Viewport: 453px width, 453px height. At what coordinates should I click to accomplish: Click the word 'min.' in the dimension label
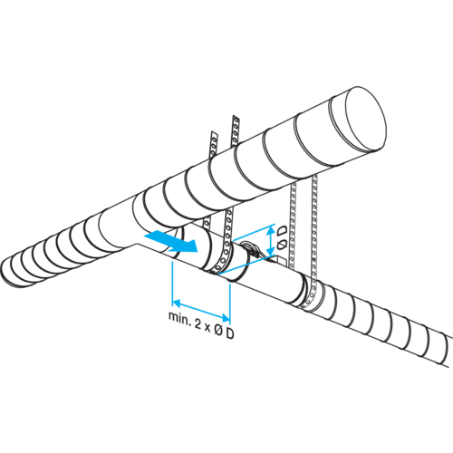coord(179,317)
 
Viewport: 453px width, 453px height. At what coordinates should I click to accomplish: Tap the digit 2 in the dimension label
coord(198,324)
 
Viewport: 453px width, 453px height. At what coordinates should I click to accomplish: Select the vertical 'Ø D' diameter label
coord(281,238)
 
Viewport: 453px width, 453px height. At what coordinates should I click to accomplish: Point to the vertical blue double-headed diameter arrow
coord(271,241)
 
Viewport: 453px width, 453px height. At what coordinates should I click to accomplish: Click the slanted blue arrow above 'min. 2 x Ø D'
coord(201,309)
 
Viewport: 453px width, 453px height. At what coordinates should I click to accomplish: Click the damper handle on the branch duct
coord(252,248)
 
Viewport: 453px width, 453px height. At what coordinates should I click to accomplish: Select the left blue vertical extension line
coord(172,282)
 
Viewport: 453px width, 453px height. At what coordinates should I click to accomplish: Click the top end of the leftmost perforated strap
coord(214,134)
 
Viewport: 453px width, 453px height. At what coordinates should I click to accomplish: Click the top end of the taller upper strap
coord(236,118)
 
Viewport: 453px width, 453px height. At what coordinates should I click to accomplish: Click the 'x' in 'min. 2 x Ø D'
coord(207,328)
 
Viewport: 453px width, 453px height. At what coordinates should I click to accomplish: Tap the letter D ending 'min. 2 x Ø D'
coord(230,333)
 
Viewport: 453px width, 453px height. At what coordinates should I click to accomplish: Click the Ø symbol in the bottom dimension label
coord(218,331)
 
